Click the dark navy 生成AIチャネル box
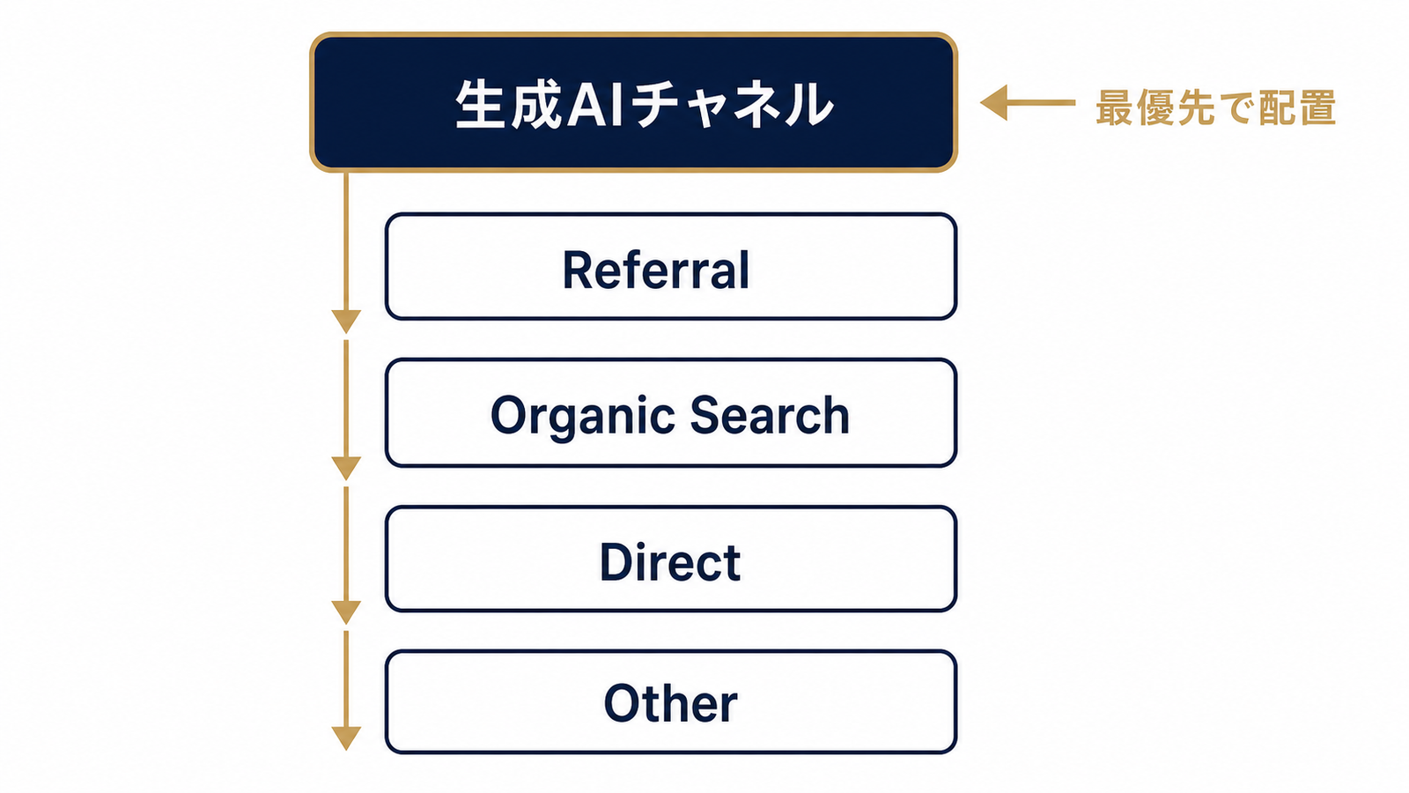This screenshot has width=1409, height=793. coord(633,102)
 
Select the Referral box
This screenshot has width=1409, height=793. coord(670,266)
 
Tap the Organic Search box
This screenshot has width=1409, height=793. coord(670,413)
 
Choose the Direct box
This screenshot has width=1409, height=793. coord(670,559)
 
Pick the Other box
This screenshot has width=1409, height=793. coord(670,701)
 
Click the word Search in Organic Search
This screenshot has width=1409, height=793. coord(770,415)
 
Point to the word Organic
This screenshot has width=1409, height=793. coord(582,418)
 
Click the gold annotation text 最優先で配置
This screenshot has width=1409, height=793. coord(1215,107)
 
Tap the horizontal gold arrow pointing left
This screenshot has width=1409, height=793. coord(1027,102)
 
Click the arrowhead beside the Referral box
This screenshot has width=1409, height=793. coord(346,321)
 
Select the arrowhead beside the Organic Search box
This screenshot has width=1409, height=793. coord(346,468)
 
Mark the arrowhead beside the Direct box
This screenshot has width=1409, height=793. coord(346,612)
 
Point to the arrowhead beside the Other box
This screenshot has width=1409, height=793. coord(346,738)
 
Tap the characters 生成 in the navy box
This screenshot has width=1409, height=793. coord(508,105)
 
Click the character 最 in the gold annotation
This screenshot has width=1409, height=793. coord(1115,107)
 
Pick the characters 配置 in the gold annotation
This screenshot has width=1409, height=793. coord(1296,107)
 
